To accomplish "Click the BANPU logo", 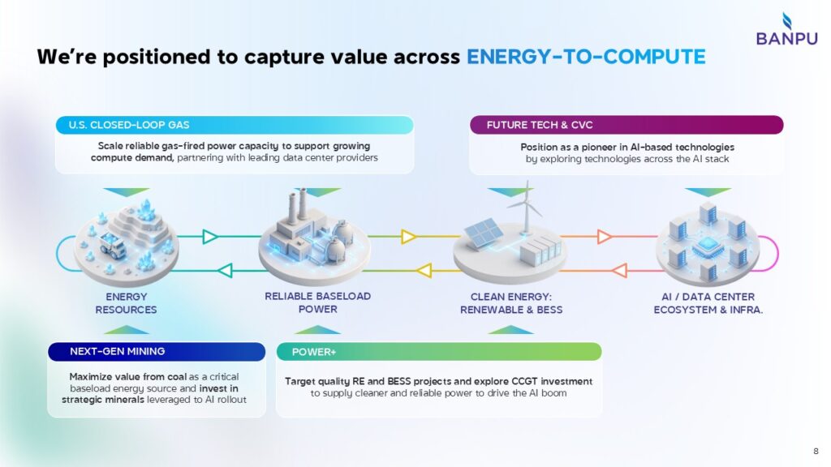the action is tap(786, 29).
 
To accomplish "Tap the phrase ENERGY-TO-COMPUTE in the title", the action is tap(586, 57).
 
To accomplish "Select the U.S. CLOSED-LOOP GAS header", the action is tap(129, 125).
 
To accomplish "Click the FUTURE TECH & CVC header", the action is tap(540, 125).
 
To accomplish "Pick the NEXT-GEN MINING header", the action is tap(117, 351).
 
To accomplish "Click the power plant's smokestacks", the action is tap(297, 205).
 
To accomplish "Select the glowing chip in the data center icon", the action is tap(708, 244).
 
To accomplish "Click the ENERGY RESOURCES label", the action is tap(126, 303).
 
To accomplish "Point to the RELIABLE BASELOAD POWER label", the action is tap(317, 303).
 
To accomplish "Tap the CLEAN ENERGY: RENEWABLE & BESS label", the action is tap(511, 303).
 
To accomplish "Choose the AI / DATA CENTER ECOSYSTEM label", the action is tap(708, 303).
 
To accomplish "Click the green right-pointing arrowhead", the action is tap(210, 236).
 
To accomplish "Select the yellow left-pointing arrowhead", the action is tap(424, 271).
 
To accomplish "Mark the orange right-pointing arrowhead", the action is tap(604, 236).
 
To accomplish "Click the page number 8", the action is tap(816, 451).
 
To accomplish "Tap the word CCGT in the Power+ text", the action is tap(524, 381).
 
